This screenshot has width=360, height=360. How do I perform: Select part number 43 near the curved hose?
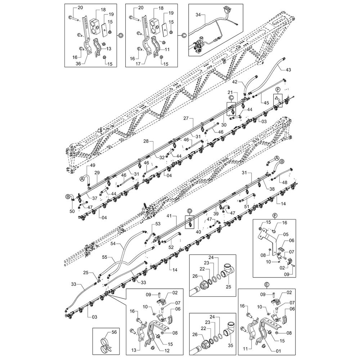click(288, 69)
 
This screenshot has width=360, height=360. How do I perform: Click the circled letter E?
click(266, 284)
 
